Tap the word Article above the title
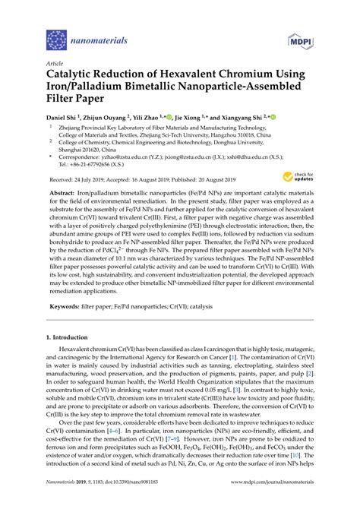click(x=55, y=65)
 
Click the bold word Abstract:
click(x=63, y=193)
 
